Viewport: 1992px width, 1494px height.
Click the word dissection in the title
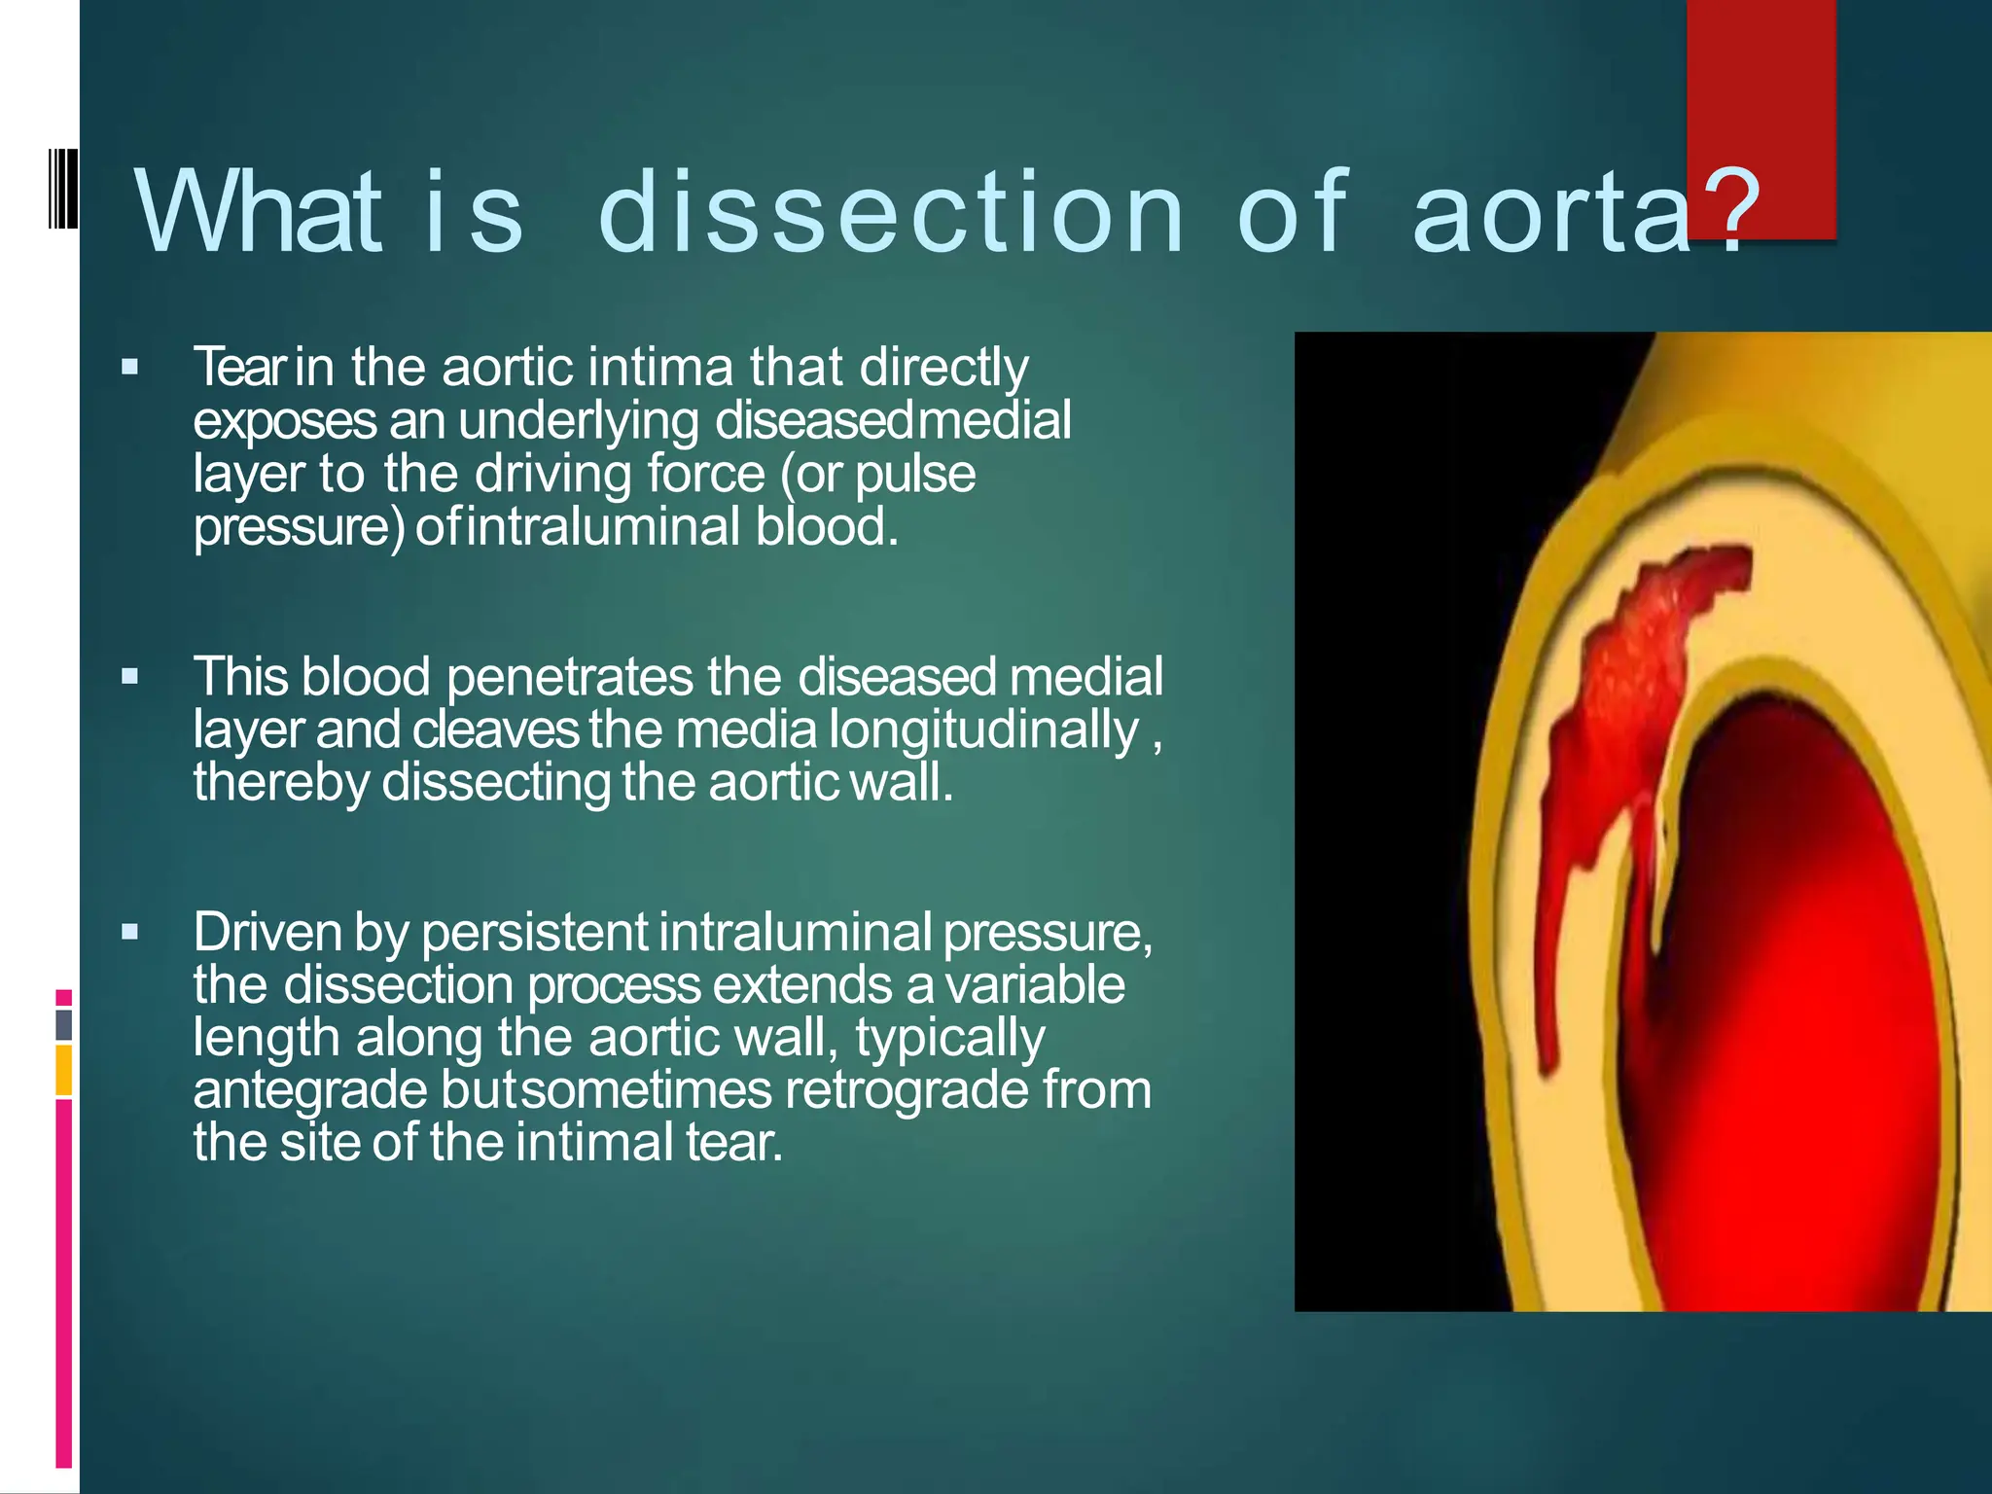[x=890, y=211]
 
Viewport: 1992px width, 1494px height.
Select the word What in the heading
[x=258, y=211]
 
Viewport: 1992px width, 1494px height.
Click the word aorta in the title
[x=1552, y=211]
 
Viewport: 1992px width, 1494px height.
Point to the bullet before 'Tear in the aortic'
[x=130, y=368]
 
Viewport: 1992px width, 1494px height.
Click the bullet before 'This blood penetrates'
[x=130, y=676]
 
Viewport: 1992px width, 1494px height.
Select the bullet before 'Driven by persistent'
[x=130, y=933]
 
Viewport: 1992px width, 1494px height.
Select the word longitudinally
[x=983, y=730]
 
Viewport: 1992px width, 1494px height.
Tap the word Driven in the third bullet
[x=267, y=932]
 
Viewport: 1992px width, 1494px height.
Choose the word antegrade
[x=310, y=1089]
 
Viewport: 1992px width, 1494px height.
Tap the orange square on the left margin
[x=64, y=1070]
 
